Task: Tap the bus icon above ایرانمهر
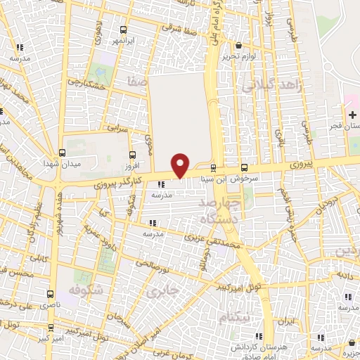[x=124, y=30]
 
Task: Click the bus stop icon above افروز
[x=133, y=155]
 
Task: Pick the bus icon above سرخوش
[x=245, y=167]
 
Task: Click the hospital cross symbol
[x=352, y=115]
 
